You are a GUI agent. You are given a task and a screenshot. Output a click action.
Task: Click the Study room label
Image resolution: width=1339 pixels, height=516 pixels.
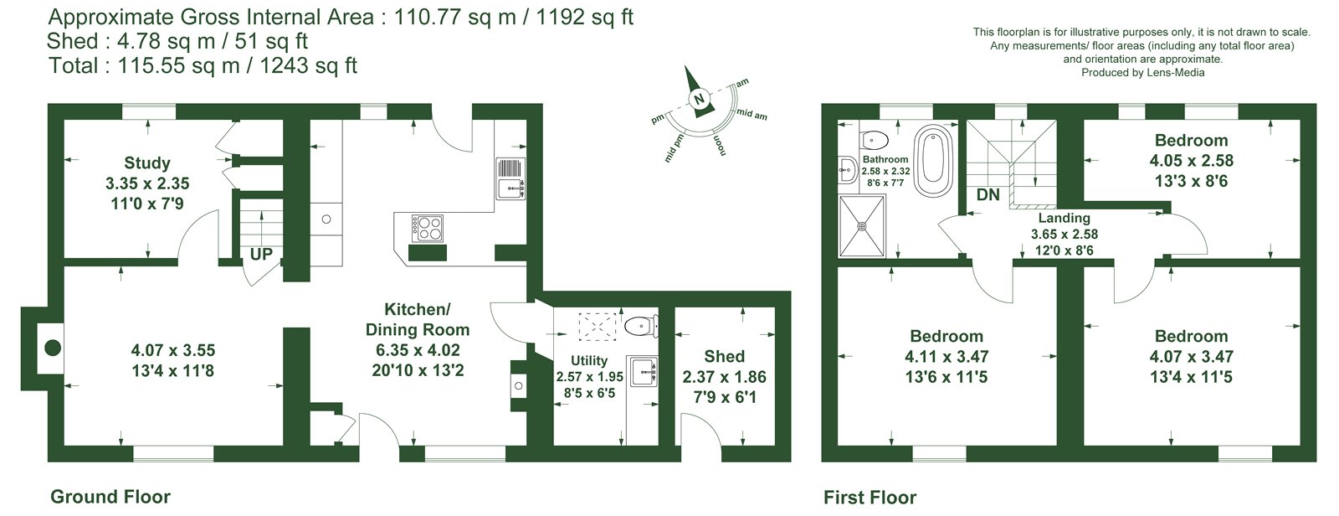click(147, 163)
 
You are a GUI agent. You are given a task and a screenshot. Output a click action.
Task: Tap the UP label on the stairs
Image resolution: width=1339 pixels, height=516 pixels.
click(261, 255)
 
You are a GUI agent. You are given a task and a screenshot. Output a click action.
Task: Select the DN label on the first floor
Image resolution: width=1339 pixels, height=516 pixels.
click(988, 194)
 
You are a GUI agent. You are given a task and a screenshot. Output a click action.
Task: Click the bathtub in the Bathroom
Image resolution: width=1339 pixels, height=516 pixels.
click(933, 161)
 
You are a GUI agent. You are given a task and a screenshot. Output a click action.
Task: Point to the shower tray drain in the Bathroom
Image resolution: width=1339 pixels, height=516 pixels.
click(862, 226)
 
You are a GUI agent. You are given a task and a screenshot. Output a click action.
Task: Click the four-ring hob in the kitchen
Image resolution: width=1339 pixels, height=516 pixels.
click(428, 228)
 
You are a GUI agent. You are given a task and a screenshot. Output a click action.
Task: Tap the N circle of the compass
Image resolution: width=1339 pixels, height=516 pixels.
click(699, 99)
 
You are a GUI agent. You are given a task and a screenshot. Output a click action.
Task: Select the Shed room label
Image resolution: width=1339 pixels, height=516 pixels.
click(725, 357)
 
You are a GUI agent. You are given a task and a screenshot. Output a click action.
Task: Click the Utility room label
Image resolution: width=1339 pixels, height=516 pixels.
click(589, 360)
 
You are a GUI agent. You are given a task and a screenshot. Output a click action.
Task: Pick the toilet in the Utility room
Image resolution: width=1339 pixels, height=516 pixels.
click(641, 326)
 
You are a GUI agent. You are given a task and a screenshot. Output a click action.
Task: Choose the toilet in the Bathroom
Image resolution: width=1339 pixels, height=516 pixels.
click(875, 141)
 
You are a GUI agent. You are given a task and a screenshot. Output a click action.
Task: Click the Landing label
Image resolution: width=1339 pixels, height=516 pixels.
click(1064, 218)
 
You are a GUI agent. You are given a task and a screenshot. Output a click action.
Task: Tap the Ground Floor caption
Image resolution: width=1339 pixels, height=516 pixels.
click(110, 497)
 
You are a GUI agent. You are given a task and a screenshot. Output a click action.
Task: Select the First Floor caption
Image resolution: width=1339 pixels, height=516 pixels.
click(870, 498)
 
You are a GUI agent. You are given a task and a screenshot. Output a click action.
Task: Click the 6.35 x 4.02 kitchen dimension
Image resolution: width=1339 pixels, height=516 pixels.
click(418, 350)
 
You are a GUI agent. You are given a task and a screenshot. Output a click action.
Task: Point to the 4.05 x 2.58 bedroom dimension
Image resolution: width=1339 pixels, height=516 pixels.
click(1192, 161)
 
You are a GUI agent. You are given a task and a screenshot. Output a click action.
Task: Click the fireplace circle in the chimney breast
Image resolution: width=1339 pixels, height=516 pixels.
click(53, 348)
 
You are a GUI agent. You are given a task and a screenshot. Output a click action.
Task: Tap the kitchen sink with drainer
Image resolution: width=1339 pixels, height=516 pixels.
click(510, 178)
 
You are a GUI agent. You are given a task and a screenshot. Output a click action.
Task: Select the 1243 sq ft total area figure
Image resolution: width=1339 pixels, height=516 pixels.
click(309, 64)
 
